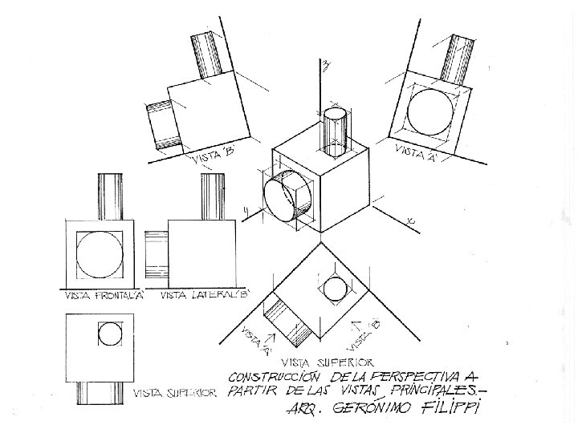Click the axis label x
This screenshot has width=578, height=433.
click(410, 219)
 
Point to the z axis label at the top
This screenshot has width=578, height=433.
click(326, 67)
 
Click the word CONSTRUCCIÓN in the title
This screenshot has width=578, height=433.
click(275, 376)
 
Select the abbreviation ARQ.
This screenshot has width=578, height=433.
click(300, 412)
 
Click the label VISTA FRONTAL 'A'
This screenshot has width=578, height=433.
click(104, 296)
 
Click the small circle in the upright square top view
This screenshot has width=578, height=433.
click(109, 331)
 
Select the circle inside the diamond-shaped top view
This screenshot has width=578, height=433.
click(335, 288)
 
